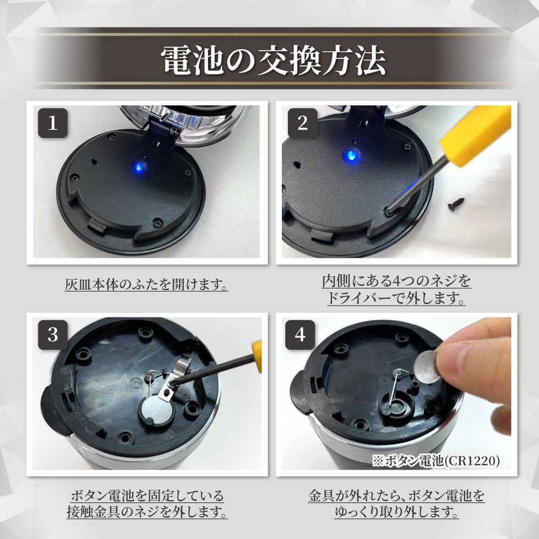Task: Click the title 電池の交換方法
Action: [273, 61]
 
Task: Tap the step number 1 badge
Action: [53, 123]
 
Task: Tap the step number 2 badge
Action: [302, 123]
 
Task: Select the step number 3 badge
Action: [53, 335]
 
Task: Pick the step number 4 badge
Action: [300, 335]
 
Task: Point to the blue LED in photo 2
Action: [351, 155]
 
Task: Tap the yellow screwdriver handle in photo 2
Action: [476, 135]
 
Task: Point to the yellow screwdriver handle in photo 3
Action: [257, 356]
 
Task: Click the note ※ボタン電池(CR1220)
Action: [436, 460]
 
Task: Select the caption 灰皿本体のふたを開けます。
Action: [146, 285]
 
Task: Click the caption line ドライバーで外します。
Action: [397, 298]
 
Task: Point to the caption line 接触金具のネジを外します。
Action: [147, 512]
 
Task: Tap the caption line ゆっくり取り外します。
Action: [397, 512]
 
